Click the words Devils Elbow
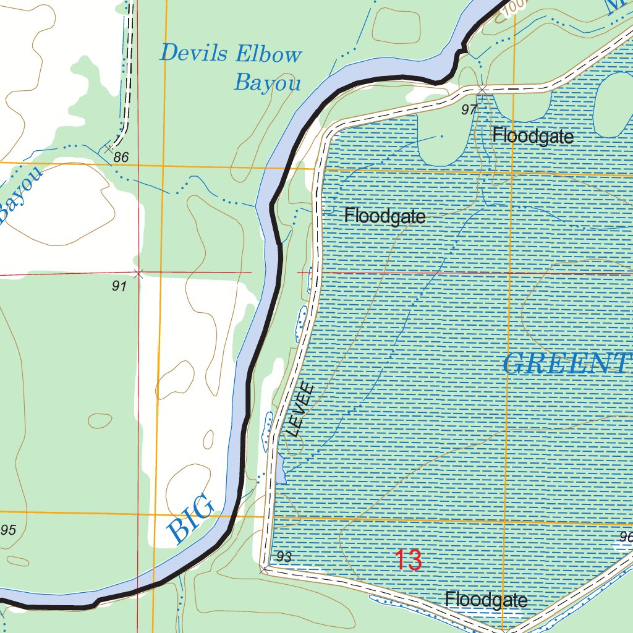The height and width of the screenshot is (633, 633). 230,54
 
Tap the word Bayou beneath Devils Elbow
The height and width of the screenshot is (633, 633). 267,82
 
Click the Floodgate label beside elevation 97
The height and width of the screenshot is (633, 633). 533,136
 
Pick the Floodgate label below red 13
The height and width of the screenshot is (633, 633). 486,600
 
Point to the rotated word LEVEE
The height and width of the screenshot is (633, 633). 302,410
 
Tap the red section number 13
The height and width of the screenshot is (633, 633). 408,560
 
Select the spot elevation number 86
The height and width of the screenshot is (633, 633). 121,158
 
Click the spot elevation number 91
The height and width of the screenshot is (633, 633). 119,286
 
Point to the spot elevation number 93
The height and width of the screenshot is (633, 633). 284,557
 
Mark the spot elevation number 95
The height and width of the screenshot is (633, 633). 8,530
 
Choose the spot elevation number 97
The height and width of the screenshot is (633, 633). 469,110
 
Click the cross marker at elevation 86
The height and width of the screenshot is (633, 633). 109,148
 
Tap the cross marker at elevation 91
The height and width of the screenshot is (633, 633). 138,273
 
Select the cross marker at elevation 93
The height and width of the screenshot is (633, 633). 265,567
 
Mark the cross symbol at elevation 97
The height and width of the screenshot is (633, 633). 482,90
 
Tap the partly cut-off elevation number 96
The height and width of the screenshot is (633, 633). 625,537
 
